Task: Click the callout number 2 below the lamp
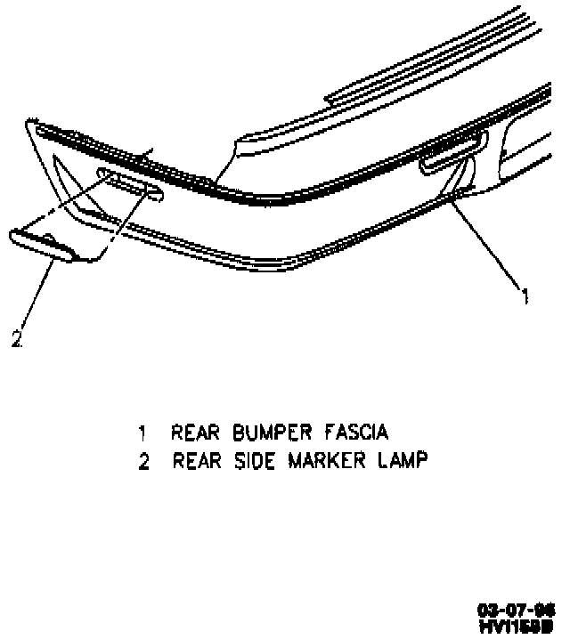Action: coord(15,338)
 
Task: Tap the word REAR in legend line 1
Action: coord(190,433)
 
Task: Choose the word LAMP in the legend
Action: coord(403,463)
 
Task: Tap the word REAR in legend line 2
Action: coord(191,463)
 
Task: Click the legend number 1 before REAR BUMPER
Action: coord(142,434)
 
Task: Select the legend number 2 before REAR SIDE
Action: coord(142,463)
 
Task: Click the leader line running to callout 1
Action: coord(485,244)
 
